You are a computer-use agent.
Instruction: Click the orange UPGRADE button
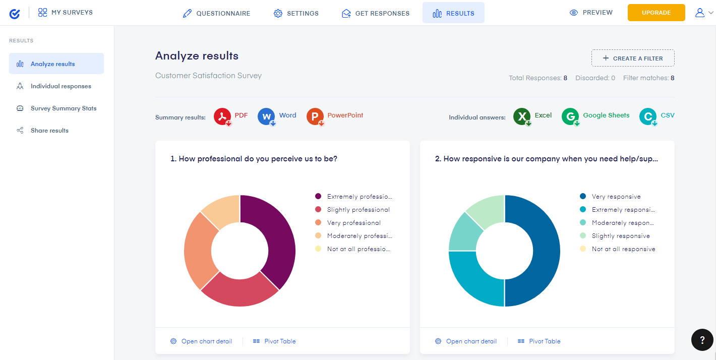[x=656, y=13]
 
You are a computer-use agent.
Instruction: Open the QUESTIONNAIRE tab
[x=216, y=13]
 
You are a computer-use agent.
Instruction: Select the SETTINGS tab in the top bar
[x=296, y=13]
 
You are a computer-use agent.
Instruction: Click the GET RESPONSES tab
[x=376, y=13]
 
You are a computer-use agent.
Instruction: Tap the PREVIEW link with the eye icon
[x=591, y=13]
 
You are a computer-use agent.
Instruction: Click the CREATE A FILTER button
[x=633, y=58]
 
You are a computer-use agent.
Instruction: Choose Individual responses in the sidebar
[x=61, y=86]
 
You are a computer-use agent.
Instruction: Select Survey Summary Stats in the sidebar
[x=63, y=108]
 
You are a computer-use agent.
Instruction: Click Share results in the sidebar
[x=49, y=131]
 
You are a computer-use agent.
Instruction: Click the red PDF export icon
[x=222, y=116]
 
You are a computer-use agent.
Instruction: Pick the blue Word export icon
[x=266, y=116]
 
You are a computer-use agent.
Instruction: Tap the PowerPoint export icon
[x=315, y=116]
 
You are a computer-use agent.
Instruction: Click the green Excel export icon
[x=522, y=116]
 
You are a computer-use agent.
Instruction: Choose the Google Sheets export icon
[x=570, y=116]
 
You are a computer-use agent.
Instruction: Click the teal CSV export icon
[x=648, y=116]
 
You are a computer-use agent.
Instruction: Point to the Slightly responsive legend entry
[x=621, y=236]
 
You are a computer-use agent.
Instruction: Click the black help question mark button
[x=702, y=340]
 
